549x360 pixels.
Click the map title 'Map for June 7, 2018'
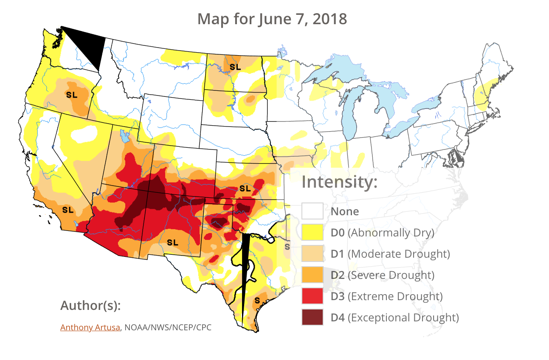(272, 19)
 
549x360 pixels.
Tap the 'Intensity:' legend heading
(339, 183)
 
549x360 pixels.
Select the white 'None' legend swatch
(313, 211)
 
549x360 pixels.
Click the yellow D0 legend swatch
(313, 232)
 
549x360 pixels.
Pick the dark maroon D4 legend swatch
(313, 317)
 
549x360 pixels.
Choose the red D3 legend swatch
(313, 296)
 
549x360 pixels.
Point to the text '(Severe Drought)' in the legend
(391, 275)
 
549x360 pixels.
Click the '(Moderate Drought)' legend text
(398, 254)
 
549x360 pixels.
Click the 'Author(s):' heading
(91, 306)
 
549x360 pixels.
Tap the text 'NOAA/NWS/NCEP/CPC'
(168, 327)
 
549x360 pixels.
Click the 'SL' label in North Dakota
(235, 67)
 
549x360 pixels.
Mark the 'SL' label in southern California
(68, 210)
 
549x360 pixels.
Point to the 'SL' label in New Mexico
(172, 242)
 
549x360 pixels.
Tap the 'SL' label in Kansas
(245, 188)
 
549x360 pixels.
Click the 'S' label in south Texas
(256, 301)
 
